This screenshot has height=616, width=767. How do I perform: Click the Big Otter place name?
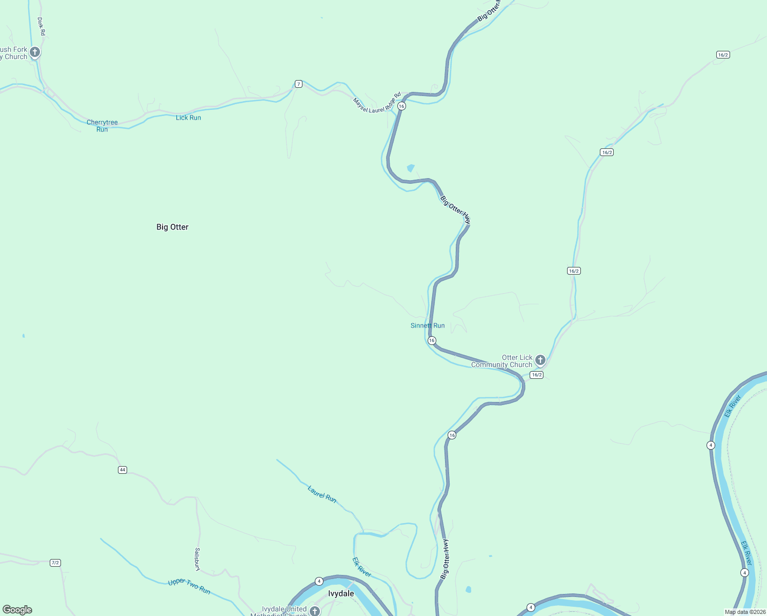[172, 227]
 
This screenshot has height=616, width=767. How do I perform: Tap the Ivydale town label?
[341, 593]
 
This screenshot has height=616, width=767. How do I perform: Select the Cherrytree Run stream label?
[102, 126]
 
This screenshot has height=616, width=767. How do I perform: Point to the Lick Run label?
[188, 118]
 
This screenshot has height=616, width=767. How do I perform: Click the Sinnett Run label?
[428, 325]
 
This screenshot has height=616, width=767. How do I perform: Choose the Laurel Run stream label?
[322, 494]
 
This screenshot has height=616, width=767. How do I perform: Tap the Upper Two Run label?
[189, 586]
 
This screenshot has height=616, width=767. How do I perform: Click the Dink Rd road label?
[42, 27]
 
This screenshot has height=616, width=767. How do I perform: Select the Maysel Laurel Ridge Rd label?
[377, 103]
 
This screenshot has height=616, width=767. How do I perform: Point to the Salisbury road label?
[197, 559]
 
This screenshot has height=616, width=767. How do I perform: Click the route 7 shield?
[298, 84]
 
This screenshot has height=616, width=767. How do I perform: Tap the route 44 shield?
[122, 470]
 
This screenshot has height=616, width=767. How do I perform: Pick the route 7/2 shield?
[55, 563]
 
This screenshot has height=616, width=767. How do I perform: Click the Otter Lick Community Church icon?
[540, 360]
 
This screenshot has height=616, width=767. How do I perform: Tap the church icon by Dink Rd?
[35, 52]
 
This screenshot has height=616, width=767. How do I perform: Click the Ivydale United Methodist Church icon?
[314, 611]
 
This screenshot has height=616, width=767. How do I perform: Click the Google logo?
[17, 610]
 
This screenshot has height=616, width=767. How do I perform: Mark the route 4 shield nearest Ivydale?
[319, 581]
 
